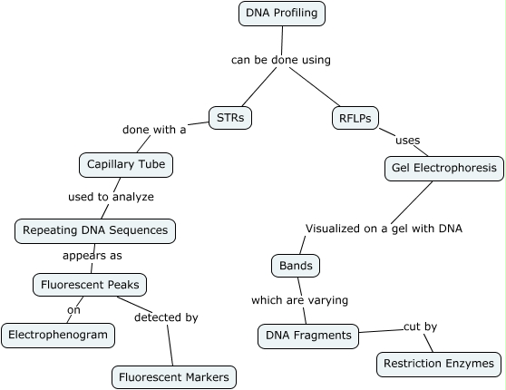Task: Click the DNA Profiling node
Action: coord(282,14)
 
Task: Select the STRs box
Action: coord(230,117)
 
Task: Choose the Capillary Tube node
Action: coord(126,165)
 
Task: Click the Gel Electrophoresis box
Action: coord(443,168)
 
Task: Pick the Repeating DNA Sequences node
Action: coord(94,230)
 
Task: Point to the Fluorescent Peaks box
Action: coord(90,285)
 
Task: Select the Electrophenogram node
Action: coord(58,335)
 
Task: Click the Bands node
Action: coord(296,266)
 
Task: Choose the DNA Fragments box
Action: coord(308,336)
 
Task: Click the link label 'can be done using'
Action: coord(281,60)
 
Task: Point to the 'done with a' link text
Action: coord(154,130)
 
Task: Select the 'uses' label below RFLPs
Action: coord(407,141)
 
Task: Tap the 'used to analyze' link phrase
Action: coord(111,196)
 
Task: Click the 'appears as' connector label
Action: coord(92,256)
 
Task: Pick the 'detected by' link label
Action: coord(166,317)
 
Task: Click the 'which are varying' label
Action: coord(299,300)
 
